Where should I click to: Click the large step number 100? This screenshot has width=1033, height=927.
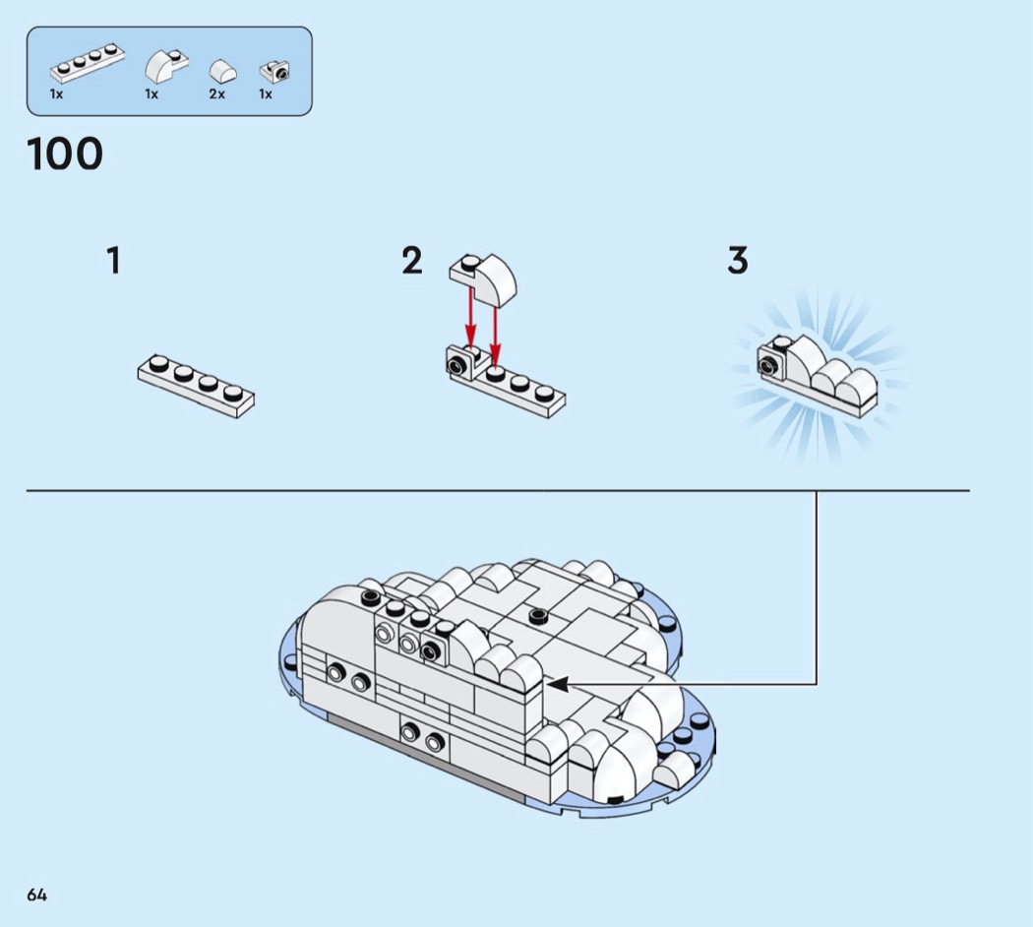pyautogui.click(x=65, y=154)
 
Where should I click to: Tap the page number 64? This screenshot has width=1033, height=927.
pyautogui.click(x=37, y=895)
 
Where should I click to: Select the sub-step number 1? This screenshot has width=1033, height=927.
pyautogui.click(x=114, y=261)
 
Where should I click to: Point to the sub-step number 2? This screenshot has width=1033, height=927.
pyautogui.click(x=412, y=261)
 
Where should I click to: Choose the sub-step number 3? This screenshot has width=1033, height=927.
pyautogui.click(x=738, y=261)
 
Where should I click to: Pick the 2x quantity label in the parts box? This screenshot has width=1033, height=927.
pyautogui.click(x=216, y=94)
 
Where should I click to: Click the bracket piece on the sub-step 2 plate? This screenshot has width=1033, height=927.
pyautogui.click(x=458, y=363)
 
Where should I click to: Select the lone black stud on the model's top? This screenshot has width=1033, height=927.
pyautogui.click(x=537, y=616)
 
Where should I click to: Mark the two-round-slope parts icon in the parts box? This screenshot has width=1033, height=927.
pyautogui.click(x=222, y=72)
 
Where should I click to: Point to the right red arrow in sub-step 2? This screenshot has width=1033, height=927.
pyautogui.click(x=496, y=323)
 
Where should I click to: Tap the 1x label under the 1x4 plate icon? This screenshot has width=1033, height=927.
pyautogui.click(x=56, y=94)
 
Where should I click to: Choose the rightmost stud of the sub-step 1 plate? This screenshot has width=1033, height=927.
pyautogui.click(x=233, y=392)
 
